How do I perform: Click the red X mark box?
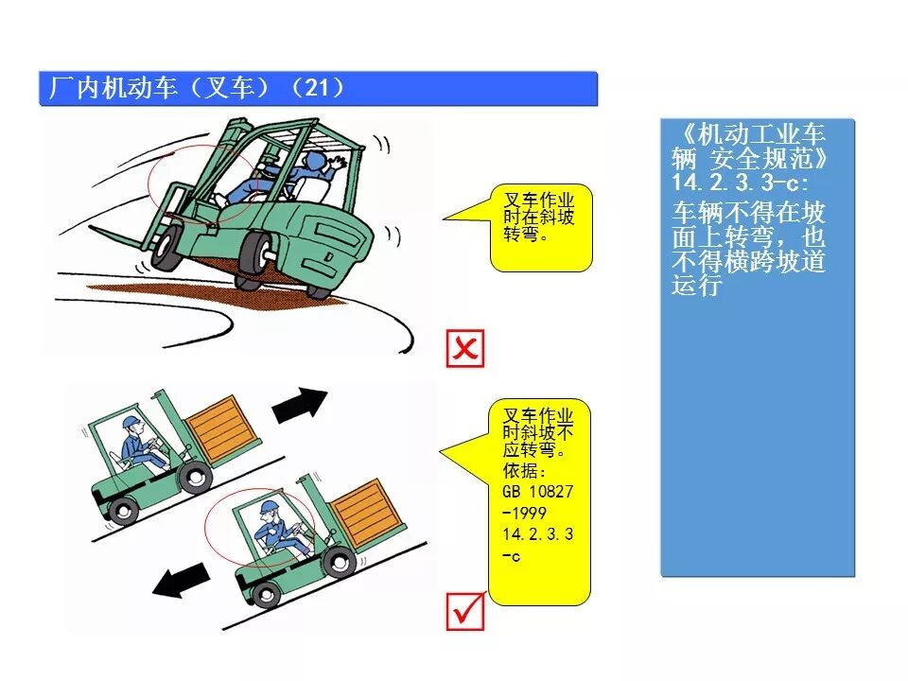coord(464,349)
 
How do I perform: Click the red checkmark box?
coord(464,612)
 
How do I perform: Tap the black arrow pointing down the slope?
coord(183,579)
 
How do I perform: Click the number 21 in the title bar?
coord(323,88)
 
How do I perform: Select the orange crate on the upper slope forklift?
coord(224,427)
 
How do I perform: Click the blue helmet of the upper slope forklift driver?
coord(130,421)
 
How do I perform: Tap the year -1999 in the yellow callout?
coord(525,514)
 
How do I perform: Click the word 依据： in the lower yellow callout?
coord(524,471)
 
